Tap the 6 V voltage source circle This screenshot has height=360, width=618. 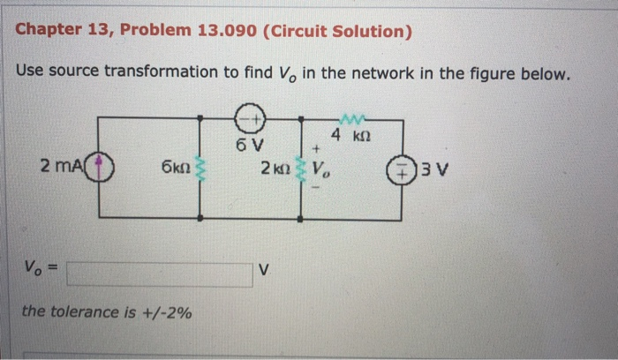click(250, 117)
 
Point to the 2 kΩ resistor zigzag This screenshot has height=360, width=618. click(303, 168)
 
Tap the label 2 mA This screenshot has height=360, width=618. click(58, 164)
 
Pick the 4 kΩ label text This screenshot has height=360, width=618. click(348, 135)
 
